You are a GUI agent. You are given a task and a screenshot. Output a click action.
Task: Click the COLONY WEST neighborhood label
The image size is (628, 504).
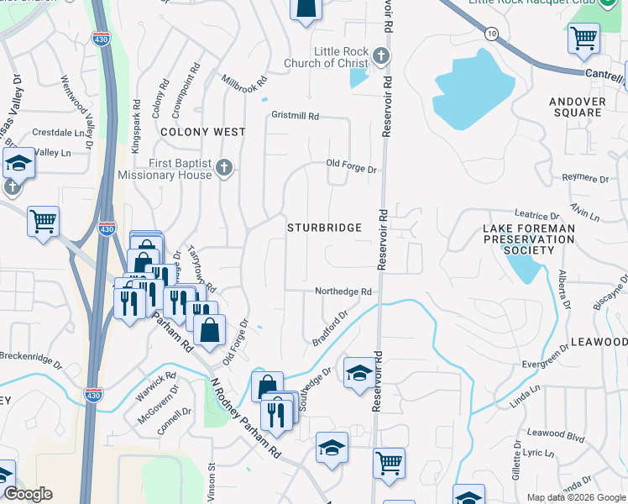click(x=202, y=132)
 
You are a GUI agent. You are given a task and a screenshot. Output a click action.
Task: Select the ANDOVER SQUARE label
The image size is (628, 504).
click(x=577, y=107)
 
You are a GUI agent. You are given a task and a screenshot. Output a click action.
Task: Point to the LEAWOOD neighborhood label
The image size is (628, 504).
click(x=599, y=343)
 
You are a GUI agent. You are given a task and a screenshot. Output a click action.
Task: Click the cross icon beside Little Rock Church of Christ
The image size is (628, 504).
click(x=380, y=57)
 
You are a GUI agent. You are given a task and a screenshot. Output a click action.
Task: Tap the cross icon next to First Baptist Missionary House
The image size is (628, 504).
click(x=223, y=168)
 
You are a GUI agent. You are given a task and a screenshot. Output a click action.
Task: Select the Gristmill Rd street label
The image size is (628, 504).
click(x=295, y=116)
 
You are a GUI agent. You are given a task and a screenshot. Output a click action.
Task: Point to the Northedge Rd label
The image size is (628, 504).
click(x=343, y=291)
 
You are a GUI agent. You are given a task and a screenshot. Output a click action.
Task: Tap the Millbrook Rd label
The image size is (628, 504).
click(x=243, y=85)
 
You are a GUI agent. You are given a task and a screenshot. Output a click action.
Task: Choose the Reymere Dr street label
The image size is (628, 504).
click(x=585, y=179)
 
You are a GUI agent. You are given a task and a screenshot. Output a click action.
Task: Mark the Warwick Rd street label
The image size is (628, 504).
click(x=158, y=385)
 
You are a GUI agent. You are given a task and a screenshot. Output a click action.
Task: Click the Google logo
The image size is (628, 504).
click(x=28, y=494)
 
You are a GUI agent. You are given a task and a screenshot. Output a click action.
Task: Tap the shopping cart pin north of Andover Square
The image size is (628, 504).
click(x=584, y=38)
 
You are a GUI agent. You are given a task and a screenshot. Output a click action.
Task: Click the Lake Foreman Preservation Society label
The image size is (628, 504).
click(x=530, y=239)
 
